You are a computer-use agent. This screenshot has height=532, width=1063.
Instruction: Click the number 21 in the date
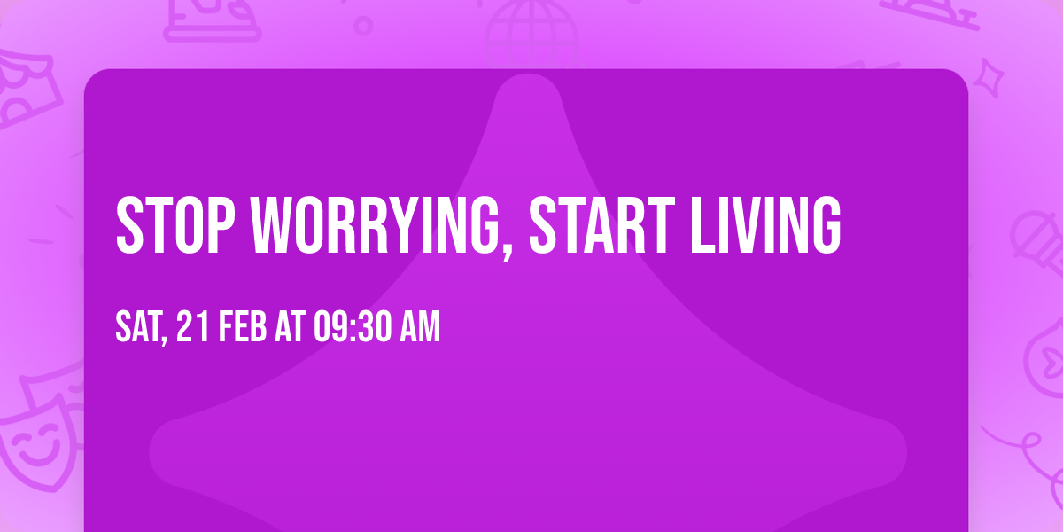pos(194,327)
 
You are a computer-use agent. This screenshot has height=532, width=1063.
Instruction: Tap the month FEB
pos(243,327)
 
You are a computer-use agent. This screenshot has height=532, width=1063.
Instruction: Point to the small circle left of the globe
pos(363,25)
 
